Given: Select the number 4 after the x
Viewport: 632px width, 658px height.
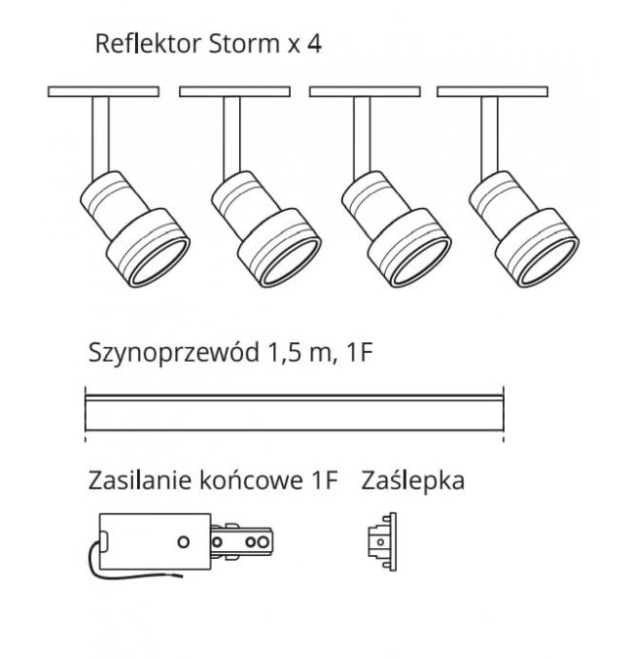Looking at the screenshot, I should pyautogui.click(x=313, y=44).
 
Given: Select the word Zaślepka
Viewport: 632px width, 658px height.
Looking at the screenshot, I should pyautogui.click(x=412, y=480).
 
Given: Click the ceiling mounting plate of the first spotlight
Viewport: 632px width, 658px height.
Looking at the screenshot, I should pyautogui.click(x=104, y=92).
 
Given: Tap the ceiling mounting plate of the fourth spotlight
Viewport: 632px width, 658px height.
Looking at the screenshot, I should pyautogui.click(x=491, y=92).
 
